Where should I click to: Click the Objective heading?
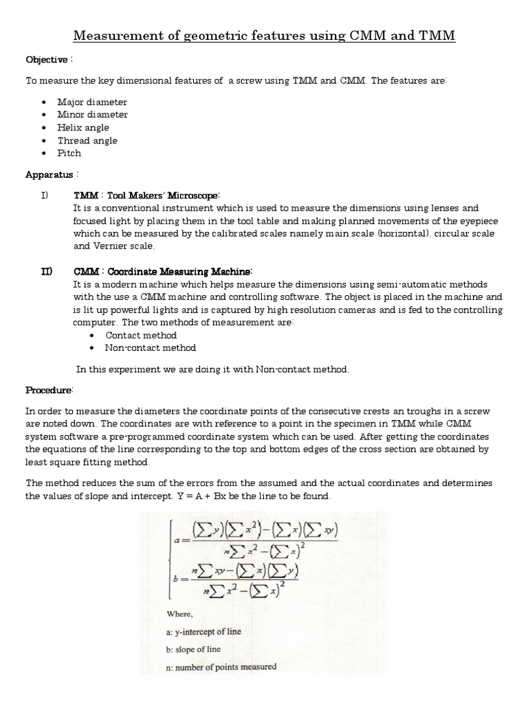point(47,59)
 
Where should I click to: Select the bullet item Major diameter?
point(92,102)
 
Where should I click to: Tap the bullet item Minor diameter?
point(92,115)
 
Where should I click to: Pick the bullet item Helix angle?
point(83,128)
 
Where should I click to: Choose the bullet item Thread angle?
point(87,141)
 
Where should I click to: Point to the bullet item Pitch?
point(69,153)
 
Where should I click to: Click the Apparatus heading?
point(49,174)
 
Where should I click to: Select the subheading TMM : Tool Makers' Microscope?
point(146,195)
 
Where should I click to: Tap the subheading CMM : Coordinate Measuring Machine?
point(163,271)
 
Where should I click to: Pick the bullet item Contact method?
point(141,336)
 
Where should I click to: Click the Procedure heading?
point(49,390)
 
